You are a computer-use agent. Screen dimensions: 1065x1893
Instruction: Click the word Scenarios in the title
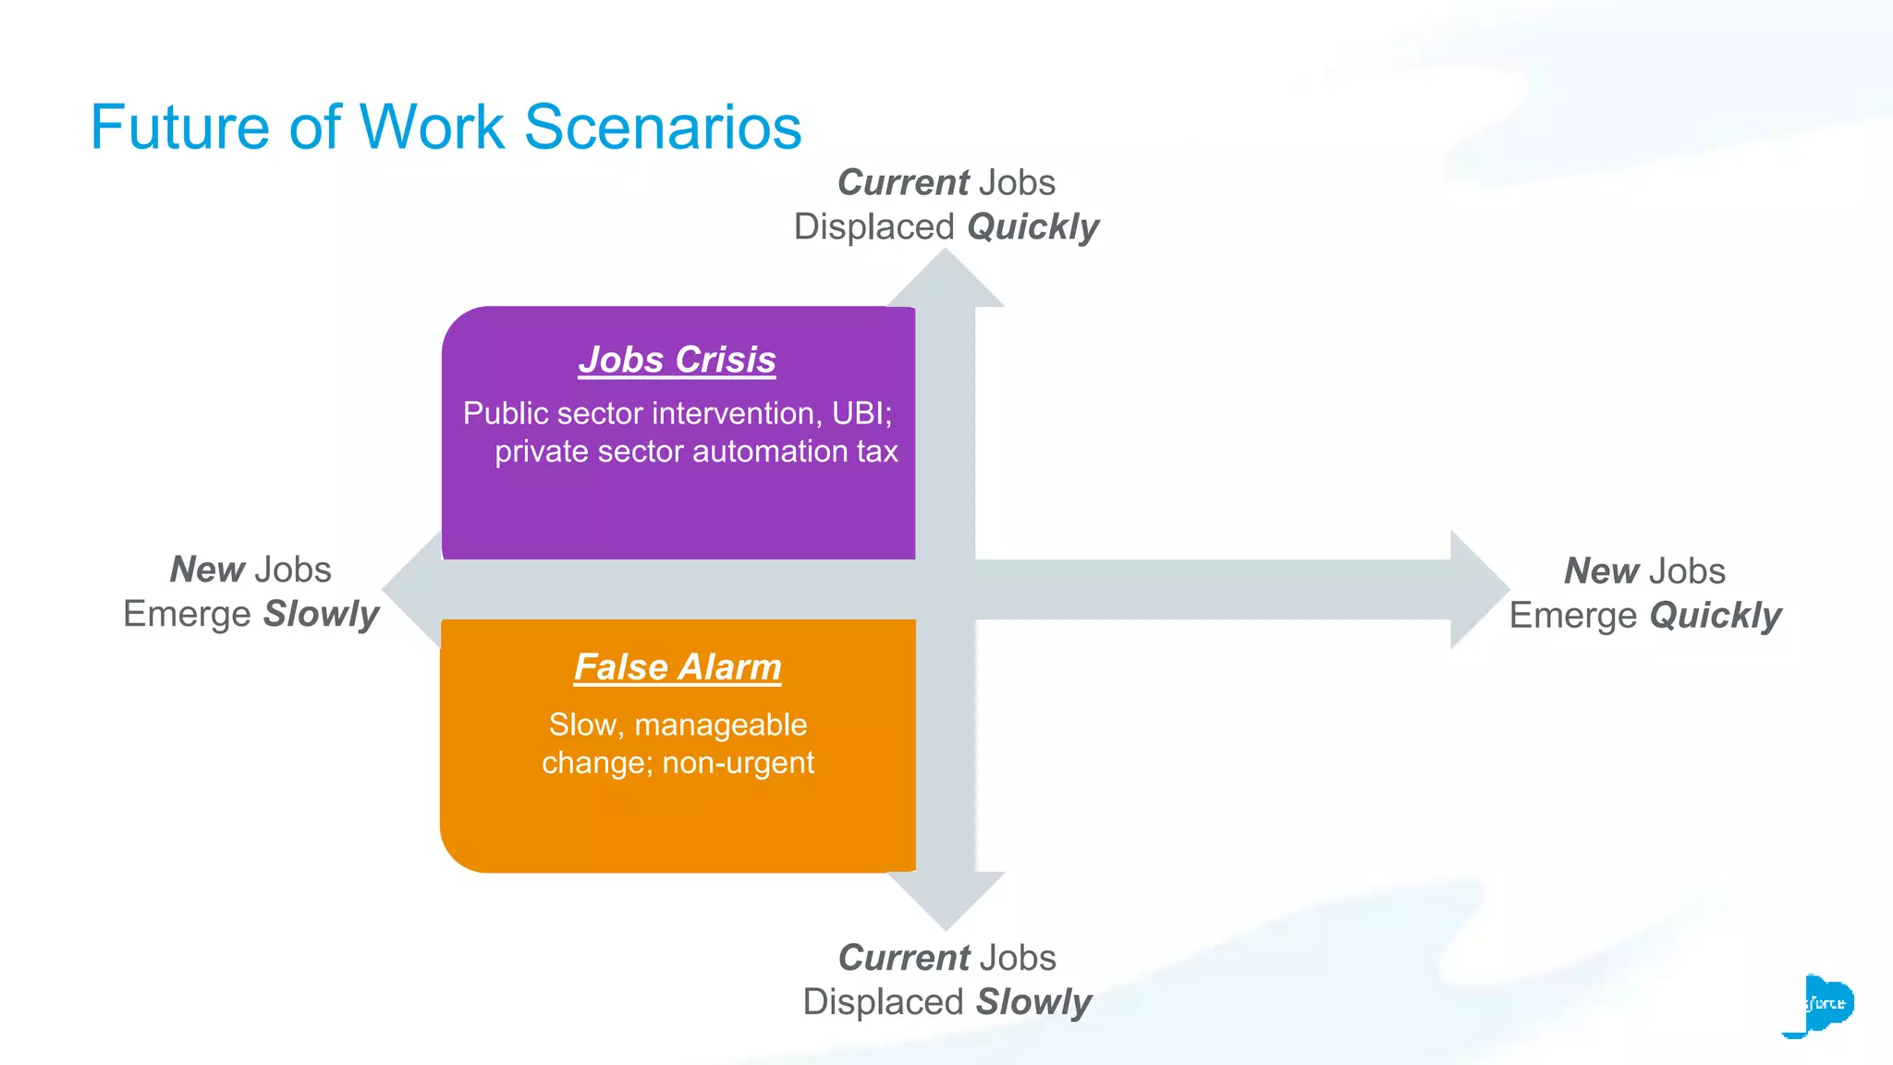click(x=663, y=128)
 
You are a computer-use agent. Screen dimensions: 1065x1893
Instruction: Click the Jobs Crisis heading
click(x=677, y=360)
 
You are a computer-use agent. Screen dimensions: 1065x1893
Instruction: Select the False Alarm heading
click(x=678, y=667)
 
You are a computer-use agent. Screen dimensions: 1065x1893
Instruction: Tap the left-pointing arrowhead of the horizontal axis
click(x=412, y=588)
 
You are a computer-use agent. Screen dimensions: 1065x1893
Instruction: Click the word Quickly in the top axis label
click(x=1032, y=227)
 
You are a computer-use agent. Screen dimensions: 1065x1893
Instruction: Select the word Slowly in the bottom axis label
click(x=1033, y=1002)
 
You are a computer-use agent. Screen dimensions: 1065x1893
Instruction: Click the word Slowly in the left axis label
click(x=321, y=615)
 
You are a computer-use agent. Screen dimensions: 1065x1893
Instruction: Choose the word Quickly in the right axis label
click(x=1715, y=616)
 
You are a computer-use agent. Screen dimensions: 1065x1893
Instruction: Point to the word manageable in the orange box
click(x=720, y=725)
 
